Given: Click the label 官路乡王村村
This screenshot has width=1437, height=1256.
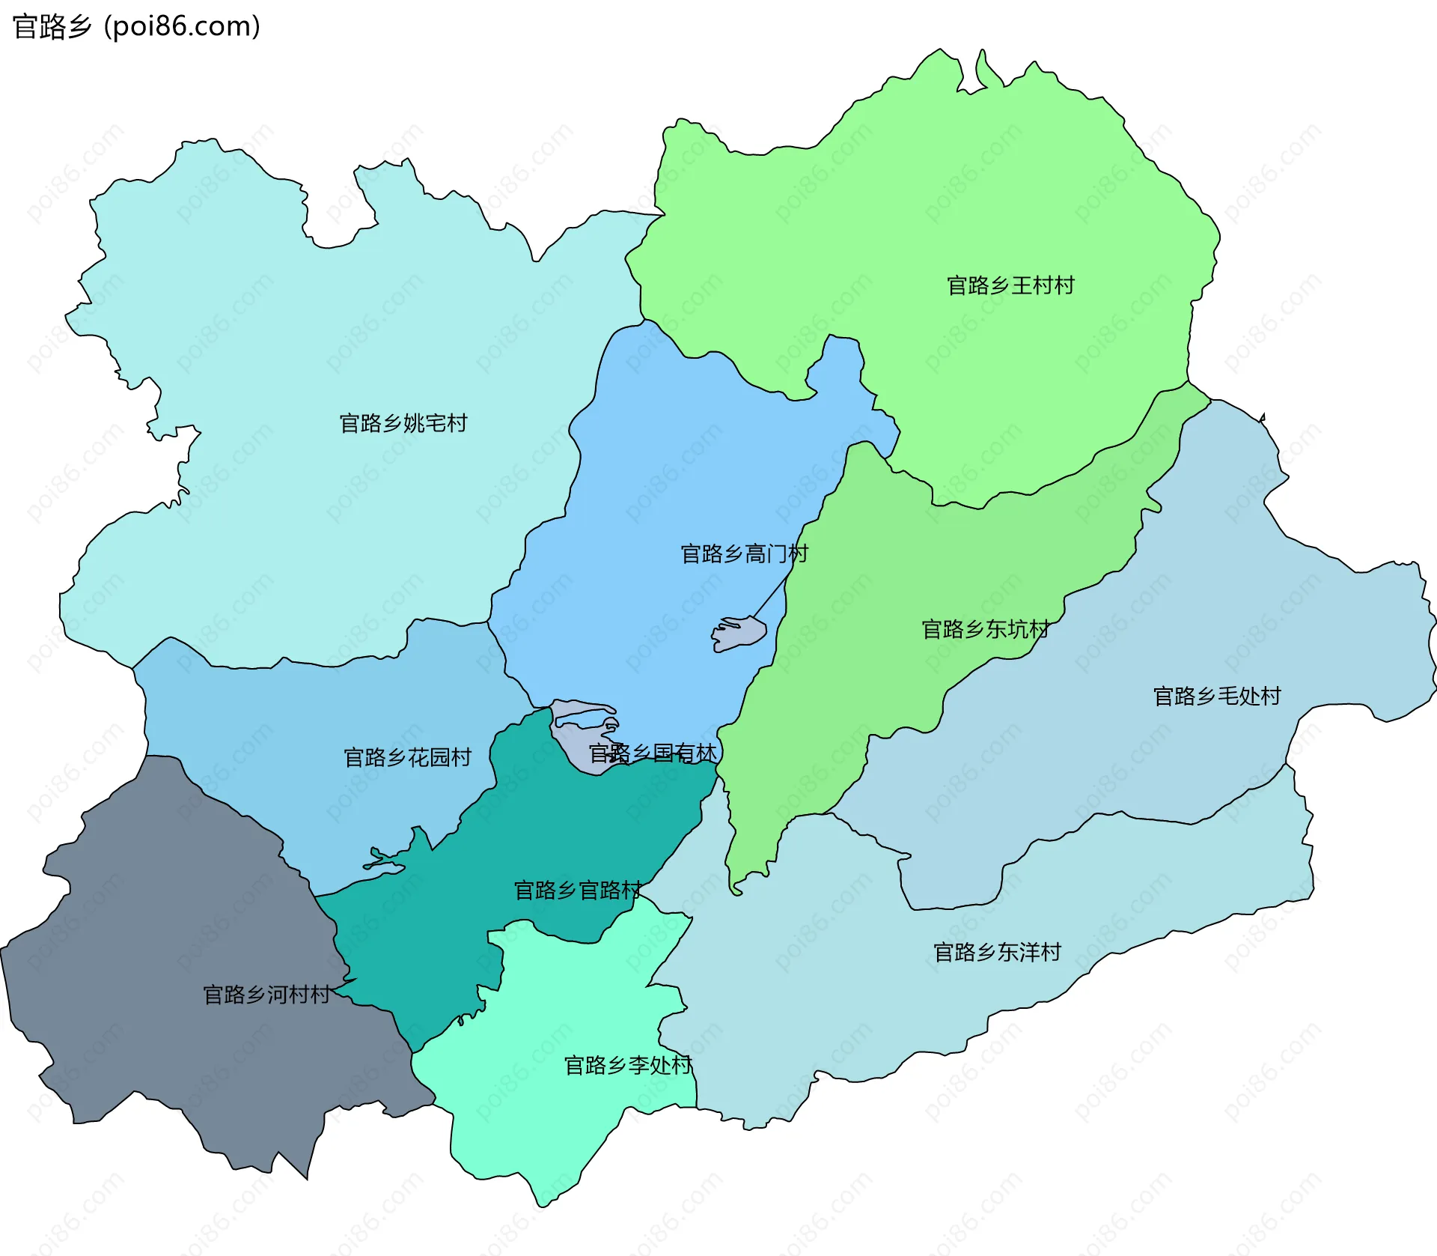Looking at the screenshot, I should [x=1010, y=285].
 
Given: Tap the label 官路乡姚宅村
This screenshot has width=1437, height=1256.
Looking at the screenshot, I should [x=403, y=423].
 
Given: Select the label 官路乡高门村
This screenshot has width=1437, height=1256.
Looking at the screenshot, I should [x=744, y=553].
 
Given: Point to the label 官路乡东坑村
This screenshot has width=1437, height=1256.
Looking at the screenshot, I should [x=985, y=629].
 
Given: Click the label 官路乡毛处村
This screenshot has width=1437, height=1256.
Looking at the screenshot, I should [x=1217, y=696].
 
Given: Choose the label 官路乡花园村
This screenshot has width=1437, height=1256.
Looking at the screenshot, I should [x=407, y=757].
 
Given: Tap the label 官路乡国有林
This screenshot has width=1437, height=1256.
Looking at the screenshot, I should [x=653, y=753].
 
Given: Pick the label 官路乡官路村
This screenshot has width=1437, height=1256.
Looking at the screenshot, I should [x=577, y=890].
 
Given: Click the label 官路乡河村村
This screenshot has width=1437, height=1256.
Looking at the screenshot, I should [x=266, y=995].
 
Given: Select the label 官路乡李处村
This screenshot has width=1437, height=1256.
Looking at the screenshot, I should [x=627, y=1065].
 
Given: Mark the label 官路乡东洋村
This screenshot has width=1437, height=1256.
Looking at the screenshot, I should [x=997, y=952].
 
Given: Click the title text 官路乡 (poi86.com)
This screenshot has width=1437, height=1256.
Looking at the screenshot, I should [x=137, y=26].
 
